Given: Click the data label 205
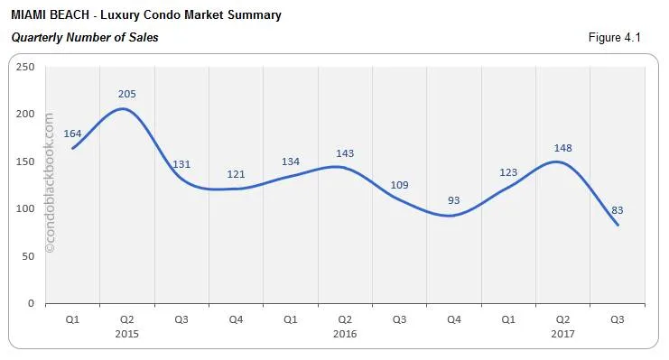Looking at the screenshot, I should click(x=127, y=94).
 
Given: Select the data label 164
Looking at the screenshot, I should click(x=72, y=134).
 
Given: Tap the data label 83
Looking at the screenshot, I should click(x=618, y=210).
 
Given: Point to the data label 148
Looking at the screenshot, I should click(x=562, y=148).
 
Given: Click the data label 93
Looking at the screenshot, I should click(x=453, y=200).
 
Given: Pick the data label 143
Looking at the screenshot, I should click(x=345, y=152).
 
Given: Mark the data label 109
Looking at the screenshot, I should click(x=399, y=185).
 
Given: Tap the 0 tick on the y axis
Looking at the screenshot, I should click(x=31, y=303).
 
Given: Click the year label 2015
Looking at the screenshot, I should click(x=127, y=334).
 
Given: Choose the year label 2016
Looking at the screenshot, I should click(x=345, y=334).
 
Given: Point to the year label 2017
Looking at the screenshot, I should click(x=562, y=334).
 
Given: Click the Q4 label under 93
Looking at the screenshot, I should click(x=453, y=319).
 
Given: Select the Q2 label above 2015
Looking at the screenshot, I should click(x=127, y=319).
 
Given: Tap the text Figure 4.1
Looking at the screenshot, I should click(x=615, y=37).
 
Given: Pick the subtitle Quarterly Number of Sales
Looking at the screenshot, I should click(x=84, y=37).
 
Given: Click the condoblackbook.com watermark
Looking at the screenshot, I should click(x=49, y=181).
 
